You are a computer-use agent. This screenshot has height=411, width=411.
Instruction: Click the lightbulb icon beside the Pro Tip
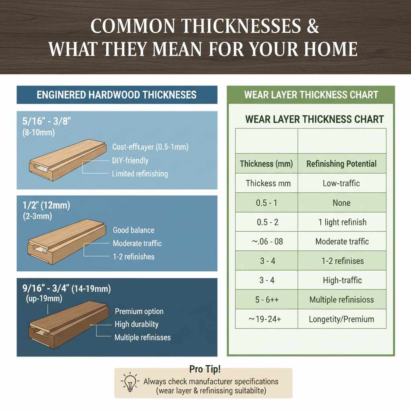(x=130, y=383)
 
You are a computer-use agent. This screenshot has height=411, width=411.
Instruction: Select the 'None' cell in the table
(x=342, y=203)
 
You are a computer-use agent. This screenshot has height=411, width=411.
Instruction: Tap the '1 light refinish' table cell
(x=342, y=222)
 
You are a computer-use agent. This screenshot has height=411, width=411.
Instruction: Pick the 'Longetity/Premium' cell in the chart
(x=342, y=319)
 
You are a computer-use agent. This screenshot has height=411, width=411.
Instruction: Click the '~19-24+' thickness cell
(x=267, y=319)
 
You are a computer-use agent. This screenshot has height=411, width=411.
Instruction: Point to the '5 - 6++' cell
(x=267, y=300)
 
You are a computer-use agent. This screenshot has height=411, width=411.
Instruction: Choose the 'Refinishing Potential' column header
(x=342, y=164)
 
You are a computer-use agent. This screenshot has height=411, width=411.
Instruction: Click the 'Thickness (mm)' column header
(x=267, y=164)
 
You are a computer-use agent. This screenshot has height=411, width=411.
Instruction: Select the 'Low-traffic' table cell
(x=342, y=183)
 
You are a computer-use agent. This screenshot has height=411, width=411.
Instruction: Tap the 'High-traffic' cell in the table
(x=342, y=280)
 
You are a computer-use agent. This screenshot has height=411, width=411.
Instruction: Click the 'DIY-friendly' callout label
(x=130, y=161)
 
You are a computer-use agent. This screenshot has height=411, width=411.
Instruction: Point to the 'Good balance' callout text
(x=134, y=230)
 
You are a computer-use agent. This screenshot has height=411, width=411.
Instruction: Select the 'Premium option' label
(x=139, y=311)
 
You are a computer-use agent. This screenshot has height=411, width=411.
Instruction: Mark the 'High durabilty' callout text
(x=136, y=324)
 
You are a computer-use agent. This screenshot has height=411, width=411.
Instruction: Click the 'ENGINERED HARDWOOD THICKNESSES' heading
(x=117, y=95)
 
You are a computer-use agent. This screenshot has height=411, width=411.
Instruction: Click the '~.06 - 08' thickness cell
(x=267, y=241)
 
